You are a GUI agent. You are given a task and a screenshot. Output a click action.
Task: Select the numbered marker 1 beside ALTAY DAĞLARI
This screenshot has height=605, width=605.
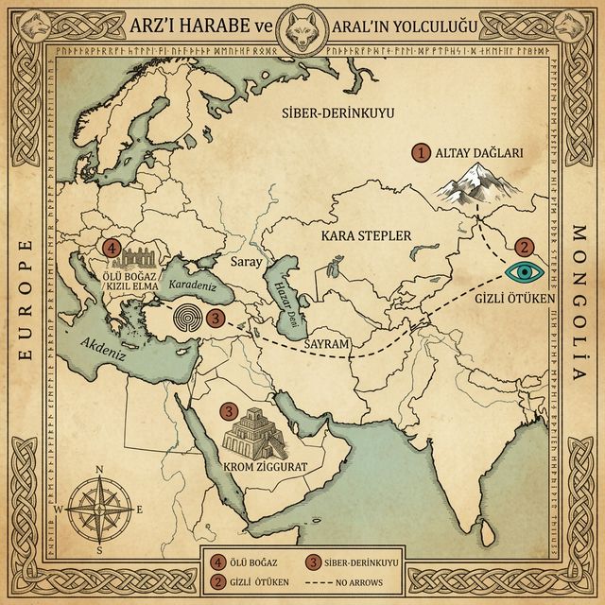click(422, 151)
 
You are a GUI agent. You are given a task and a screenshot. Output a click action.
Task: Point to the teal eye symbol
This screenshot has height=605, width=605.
click(523, 272)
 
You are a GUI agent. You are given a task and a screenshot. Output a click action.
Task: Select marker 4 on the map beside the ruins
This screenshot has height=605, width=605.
click(112, 250)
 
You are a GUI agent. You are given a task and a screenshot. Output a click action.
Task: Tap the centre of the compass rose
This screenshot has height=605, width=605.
click(96, 509)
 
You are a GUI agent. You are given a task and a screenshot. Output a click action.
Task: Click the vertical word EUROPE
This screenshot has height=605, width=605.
click(26, 302)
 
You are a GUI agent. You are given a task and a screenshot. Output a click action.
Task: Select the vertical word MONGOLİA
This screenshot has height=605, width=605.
click(579, 302)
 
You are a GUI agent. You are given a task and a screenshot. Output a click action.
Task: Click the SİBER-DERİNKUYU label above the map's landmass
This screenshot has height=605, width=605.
click(337, 114)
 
